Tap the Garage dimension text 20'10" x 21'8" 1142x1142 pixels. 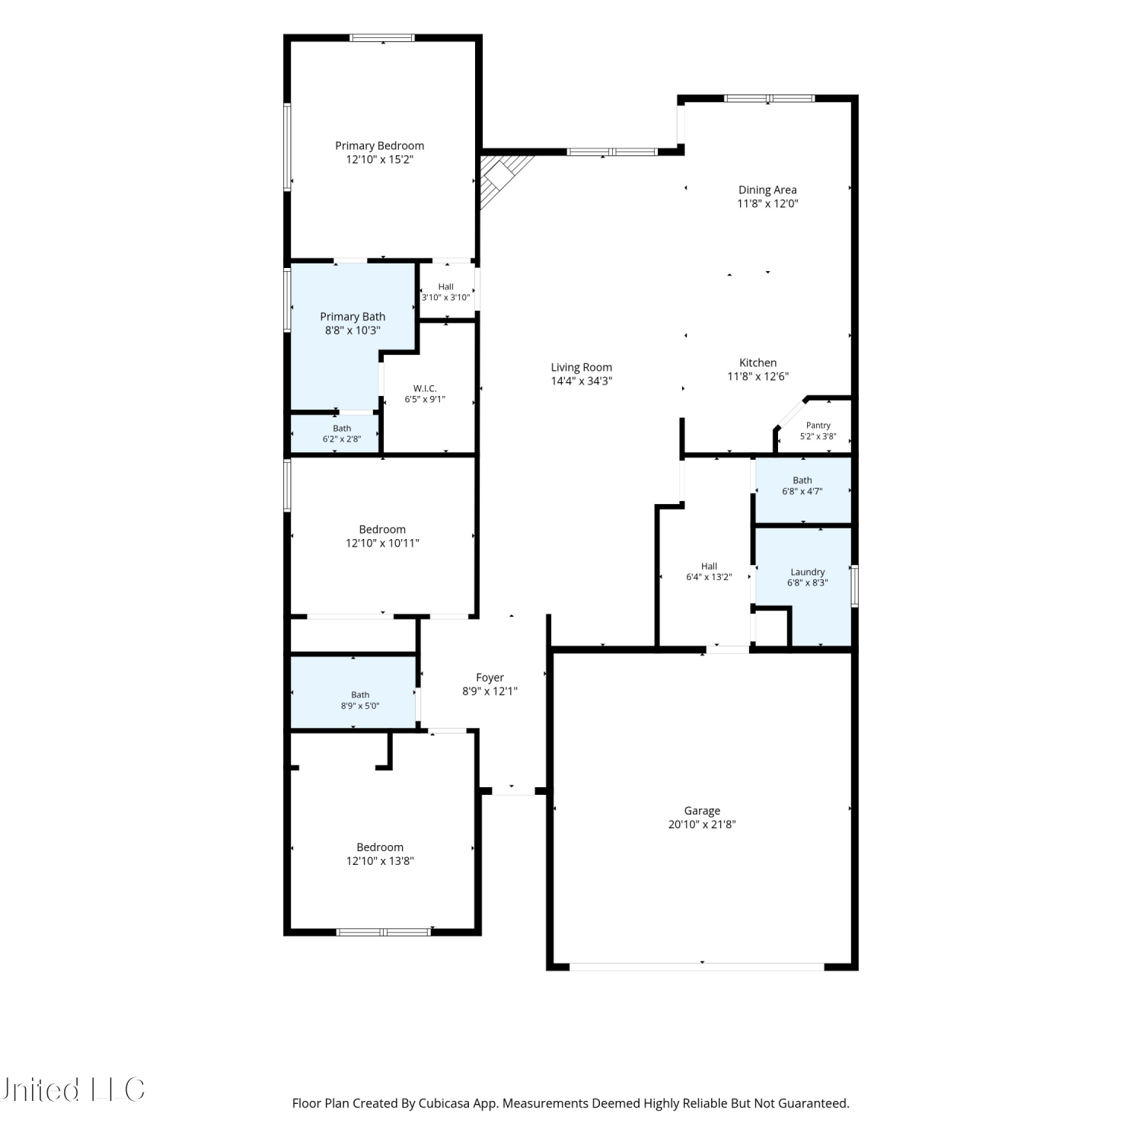(702, 825)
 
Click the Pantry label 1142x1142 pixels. (818, 426)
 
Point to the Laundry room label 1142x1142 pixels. (808, 572)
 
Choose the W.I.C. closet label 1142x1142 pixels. (425, 388)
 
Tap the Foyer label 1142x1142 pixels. (490, 678)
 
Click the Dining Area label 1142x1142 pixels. (767, 190)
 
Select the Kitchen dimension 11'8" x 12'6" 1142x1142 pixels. (758, 376)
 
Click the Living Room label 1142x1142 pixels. (582, 368)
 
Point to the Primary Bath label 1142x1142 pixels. (352, 317)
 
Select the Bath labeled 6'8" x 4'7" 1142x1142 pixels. (802, 486)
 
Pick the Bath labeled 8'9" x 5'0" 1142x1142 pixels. (360, 700)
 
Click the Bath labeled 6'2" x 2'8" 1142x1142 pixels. (342, 434)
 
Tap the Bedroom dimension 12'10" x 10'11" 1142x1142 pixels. (382, 544)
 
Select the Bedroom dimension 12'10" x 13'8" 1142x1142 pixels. (380, 861)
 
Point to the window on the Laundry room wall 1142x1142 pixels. (855, 585)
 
